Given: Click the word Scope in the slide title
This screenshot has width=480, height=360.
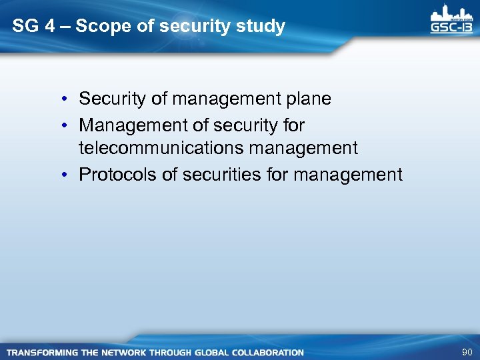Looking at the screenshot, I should click(x=99, y=27).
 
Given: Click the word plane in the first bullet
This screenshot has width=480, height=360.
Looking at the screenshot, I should click(x=308, y=99).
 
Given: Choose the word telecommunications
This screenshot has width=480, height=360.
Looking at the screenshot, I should click(x=161, y=148).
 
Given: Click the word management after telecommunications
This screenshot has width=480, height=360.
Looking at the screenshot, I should click(x=303, y=148).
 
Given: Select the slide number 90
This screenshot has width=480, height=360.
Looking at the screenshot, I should click(x=466, y=351).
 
